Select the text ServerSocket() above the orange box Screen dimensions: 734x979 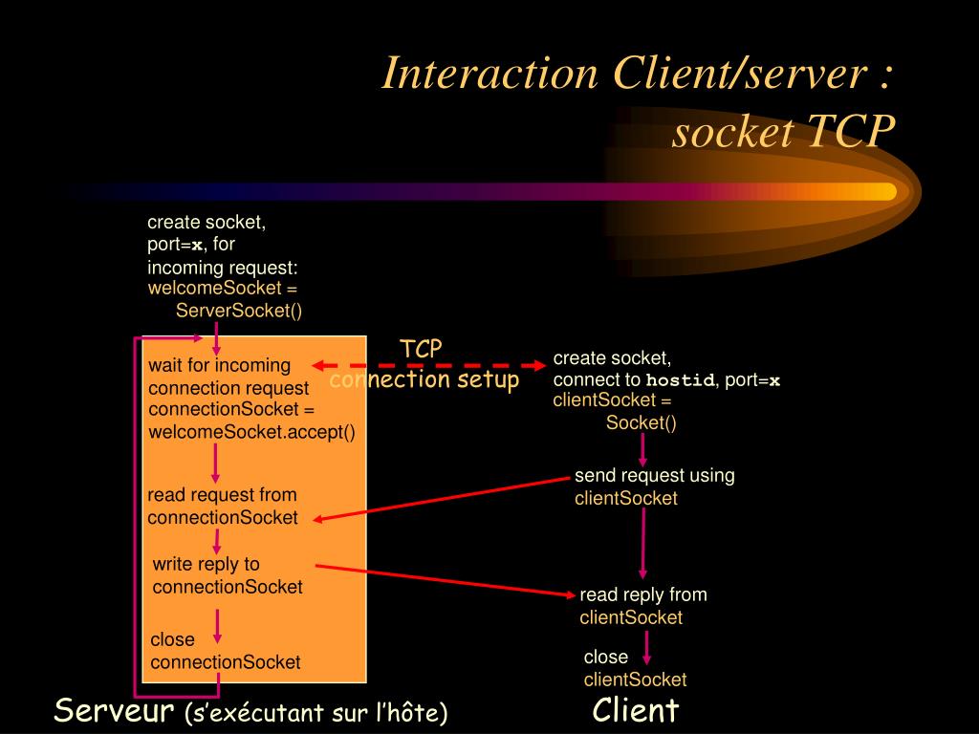pyautogui.click(x=239, y=311)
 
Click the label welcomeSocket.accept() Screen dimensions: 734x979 pyautogui.click(x=251, y=432)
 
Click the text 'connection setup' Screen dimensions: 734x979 pyautogui.click(x=424, y=379)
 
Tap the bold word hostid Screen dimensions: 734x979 pyautogui.click(x=680, y=380)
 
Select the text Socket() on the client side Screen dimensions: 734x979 pyautogui.click(x=641, y=422)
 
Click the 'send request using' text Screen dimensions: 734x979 pyautogui.click(x=654, y=475)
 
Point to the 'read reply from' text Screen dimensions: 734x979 pyautogui.click(x=643, y=594)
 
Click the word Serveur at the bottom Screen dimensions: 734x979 pyautogui.click(x=114, y=710)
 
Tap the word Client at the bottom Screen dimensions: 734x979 pyautogui.click(x=635, y=710)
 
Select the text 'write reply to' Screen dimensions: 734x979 pyautogui.click(x=206, y=564)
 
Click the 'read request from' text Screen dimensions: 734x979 pyautogui.click(x=222, y=495)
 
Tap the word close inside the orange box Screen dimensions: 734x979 pyautogui.click(x=172, y=639)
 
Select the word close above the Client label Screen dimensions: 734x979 pyautogui.click(x=606, y=657)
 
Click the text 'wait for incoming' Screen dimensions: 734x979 pyautogui.click(x=219, y=365)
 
